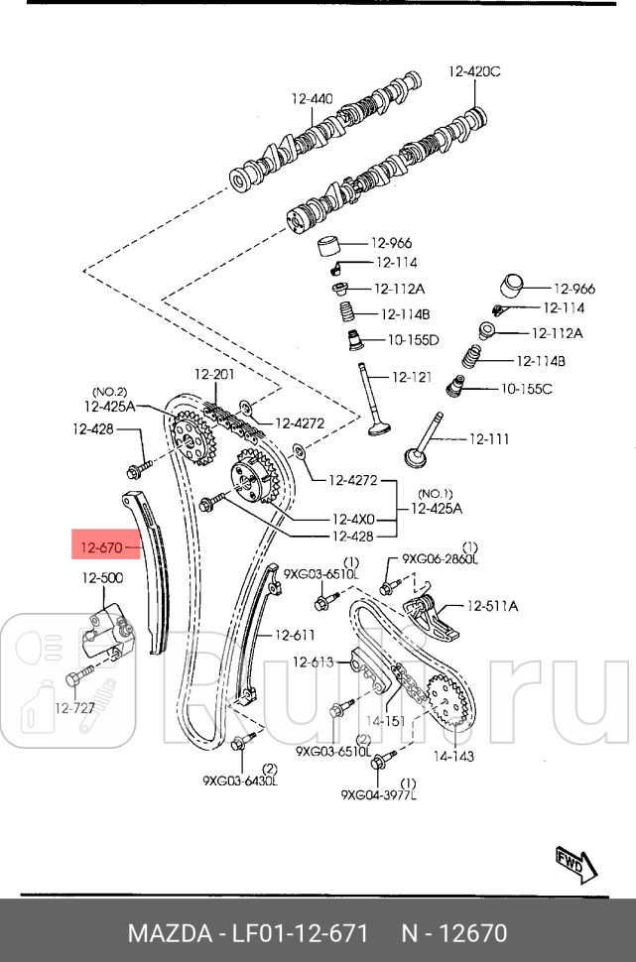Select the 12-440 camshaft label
(x=312, y=98)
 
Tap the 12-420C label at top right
(x=474, y=70)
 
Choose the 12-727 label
(x=74, y=708)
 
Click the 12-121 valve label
(x=412, y=377)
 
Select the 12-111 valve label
(x=488, y=437)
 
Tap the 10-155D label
(x=412, y=339)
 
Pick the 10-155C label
(x=526, y=388)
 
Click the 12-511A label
(x=492, y=605)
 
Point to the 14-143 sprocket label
(x=452, y=756)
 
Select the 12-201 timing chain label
(x=213, y=374)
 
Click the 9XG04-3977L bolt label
(x=379, y=793)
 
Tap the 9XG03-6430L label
(x=240, y=781)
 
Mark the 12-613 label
(x=313, y=661)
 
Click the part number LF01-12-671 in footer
(x=300, y=933)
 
